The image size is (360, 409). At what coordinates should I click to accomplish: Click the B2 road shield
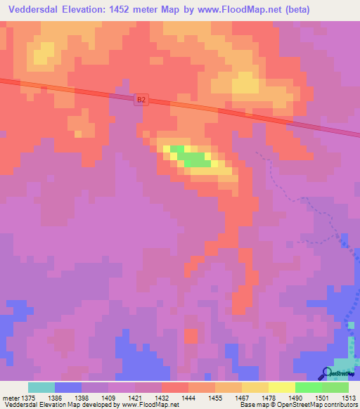click(x=141, y=100)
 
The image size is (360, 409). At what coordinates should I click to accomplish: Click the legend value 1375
click(x=28, y=398)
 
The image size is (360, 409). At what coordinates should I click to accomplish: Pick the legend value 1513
click(x=349, y=398)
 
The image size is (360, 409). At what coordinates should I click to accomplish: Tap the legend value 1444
click(x=188, y=398)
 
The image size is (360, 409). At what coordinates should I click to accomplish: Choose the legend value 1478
click(x=269, y=398)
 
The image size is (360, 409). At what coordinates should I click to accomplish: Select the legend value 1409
click(x=108, y=398)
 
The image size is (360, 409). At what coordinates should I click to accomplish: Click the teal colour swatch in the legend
click(x=41, y=387)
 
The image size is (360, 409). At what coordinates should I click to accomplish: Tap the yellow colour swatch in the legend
click(x=281, y=387)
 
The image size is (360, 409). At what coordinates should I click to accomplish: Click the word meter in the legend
click(x=11, y=398)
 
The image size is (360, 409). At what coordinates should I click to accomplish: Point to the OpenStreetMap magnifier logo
click(x=327, y=374)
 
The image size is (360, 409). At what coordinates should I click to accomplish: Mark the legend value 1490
click(x=295, y=398)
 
